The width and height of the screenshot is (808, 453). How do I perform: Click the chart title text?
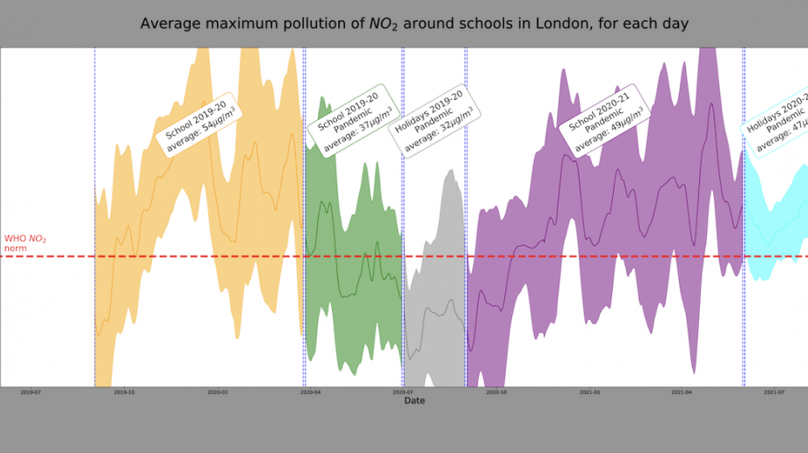click(414, 24)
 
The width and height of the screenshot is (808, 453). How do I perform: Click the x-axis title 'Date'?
click(415, 400)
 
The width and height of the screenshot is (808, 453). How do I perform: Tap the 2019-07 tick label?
click(31, 392)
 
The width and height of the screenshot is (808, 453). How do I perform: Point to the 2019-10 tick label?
click(125, 392)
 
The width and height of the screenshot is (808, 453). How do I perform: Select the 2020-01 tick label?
click(218, 392)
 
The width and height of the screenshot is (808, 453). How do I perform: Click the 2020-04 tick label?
click(311, 392)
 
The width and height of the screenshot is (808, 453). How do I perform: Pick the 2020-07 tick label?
click(403, 392)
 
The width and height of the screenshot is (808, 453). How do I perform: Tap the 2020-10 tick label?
click(496, 392)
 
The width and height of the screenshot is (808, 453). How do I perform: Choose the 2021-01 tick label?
click(590, 392)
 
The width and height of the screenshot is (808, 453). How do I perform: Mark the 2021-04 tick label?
click(682, 392)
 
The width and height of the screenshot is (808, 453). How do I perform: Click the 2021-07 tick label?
click(775, 392)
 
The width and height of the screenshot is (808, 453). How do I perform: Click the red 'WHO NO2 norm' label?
click(25, 243)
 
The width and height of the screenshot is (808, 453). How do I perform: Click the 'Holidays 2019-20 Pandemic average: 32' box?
click(434, 121)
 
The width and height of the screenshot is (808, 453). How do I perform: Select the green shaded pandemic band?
click(351, 290)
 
